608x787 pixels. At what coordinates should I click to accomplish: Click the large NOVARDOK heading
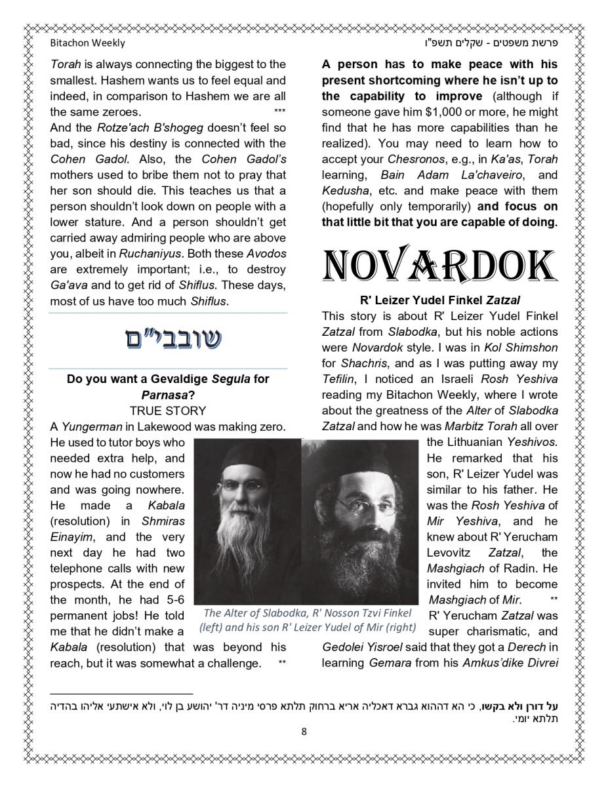[439, 266]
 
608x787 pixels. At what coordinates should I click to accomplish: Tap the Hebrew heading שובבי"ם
[173, 340]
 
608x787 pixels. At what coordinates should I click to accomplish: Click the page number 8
[304, 731]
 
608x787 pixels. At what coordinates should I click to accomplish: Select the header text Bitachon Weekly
[87, 43]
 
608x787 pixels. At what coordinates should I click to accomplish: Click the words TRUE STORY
[168, 411]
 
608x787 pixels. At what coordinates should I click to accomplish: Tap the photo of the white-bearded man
[247, 521]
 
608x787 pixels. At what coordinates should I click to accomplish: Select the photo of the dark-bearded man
[359, 521]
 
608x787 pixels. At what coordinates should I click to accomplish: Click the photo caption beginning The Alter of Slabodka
[308, 620]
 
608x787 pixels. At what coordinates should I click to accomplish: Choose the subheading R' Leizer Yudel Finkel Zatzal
[439, 300]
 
